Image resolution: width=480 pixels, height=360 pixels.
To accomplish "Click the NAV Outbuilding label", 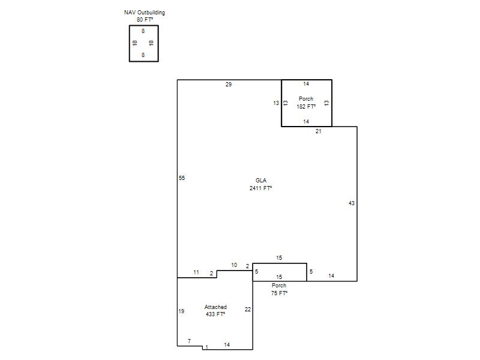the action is (145, 13).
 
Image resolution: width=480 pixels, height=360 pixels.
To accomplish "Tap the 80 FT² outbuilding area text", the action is (145, 20).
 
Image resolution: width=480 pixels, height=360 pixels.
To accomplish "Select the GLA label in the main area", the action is (261, 181).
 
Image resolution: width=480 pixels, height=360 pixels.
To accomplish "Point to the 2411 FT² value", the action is (261, 188).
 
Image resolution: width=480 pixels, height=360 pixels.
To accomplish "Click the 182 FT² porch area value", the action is (306, 107).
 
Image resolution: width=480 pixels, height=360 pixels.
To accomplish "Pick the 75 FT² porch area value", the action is (279, 293).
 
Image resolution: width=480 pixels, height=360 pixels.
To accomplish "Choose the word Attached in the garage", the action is (215, 307).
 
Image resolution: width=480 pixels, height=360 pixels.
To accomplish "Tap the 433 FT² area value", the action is (215, 314).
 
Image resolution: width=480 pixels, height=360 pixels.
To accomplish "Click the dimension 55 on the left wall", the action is (182, 178).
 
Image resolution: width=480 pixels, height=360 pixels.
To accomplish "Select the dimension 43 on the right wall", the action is (352, 203).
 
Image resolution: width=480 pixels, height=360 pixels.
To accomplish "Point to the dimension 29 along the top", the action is (229, 85).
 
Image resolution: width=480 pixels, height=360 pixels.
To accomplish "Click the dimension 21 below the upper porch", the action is (319, 131).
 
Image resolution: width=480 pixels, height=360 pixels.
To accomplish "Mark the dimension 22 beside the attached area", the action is (248, 310).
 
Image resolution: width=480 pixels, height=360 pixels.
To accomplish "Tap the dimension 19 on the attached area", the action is (181, 311).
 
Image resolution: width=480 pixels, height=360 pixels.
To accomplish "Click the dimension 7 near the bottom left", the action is (189, 341).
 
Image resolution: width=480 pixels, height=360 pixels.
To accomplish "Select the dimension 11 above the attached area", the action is (196, 272).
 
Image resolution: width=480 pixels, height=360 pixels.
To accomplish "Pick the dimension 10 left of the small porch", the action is (234, 265).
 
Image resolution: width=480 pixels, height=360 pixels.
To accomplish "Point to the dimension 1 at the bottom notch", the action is (207, 347).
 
